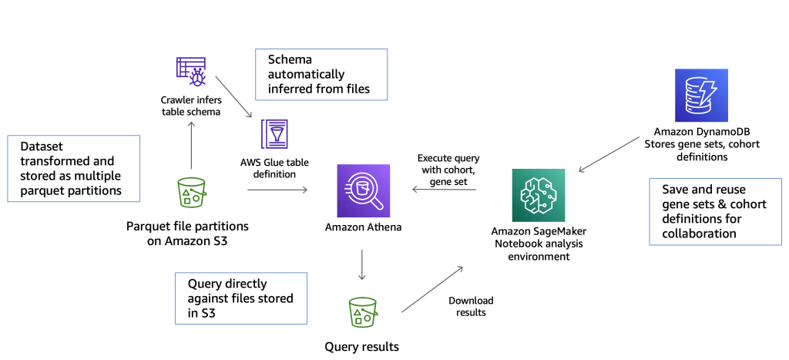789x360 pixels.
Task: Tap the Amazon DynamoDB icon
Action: tap(701, 96)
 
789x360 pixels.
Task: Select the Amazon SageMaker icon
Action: tap(538, 195)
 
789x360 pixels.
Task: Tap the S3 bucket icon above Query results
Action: tap(361, 313)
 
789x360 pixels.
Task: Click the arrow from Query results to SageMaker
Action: tap(432, 289)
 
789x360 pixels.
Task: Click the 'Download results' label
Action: tap(471, 306)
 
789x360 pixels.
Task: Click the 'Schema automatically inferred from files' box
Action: tap(320, 75)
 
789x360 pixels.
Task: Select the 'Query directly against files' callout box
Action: tap(241, 298)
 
